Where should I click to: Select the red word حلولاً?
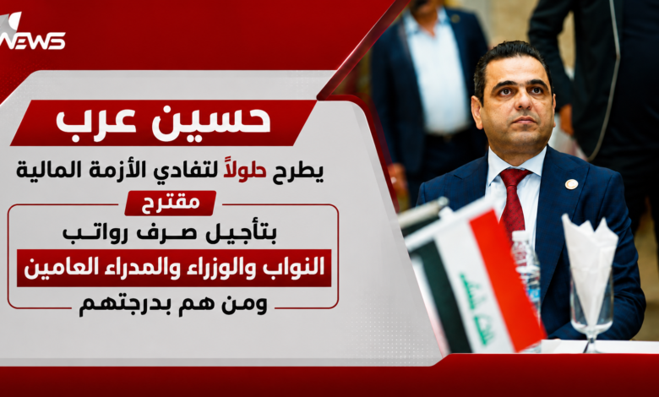[245, 170]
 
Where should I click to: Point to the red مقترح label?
[171, 203]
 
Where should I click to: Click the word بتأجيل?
[241, 234]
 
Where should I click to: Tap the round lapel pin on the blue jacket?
[571, 184]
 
